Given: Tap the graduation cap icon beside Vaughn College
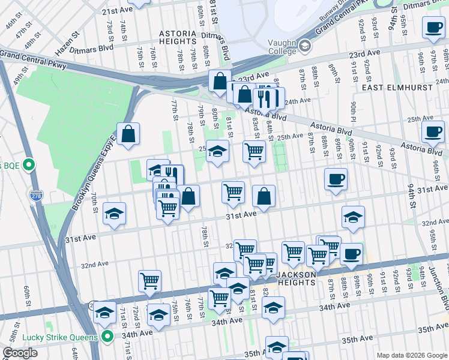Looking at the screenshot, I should [304, 46].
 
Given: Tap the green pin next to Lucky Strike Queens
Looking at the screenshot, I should [107, 337].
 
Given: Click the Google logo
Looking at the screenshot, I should [20, 353].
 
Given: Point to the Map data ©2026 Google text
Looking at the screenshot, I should [412, 355].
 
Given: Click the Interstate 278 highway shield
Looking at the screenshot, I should [36, 195].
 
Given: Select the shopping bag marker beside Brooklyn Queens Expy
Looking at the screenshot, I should [128, 134].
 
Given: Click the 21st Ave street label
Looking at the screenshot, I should [117, 11].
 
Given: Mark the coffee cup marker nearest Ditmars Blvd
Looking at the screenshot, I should [433, 28].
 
